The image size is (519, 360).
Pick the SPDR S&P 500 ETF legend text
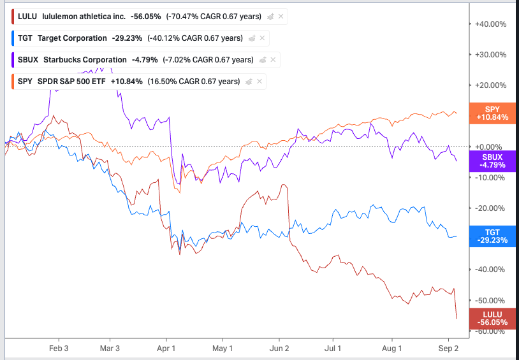(x=72, y=82)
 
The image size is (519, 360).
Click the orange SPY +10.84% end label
(x=492, y=113)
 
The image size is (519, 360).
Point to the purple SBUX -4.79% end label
(x=491, y=161)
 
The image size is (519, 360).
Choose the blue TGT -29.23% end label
(x=491, y=236)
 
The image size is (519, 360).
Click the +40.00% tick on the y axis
(x=490, y=24)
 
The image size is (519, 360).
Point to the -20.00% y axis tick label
(x=490, y=208)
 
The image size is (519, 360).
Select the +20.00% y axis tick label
(x=490, y=85)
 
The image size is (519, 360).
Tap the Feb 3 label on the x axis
(x=59, y=349)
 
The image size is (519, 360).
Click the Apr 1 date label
(x=166, y=349)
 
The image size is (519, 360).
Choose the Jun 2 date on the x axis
(x=279, y=349)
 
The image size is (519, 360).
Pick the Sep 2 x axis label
(x=449, y=349)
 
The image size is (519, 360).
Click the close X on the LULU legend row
(x=281, y=17)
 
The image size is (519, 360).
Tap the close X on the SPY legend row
(x=259, y=82)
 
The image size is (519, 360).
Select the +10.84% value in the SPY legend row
(x=126, y=82)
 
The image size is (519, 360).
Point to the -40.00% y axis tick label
(x=490, y=269)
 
